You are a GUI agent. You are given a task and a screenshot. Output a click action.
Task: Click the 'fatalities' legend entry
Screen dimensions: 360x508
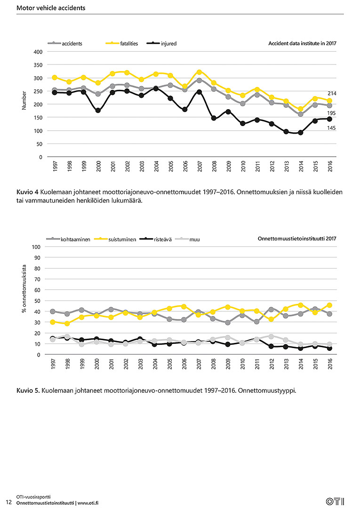coord(122,43)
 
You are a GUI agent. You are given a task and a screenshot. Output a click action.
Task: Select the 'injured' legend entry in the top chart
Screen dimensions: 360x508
coord(162,43)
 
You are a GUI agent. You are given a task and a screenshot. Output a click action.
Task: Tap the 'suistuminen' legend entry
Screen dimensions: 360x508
coord(115,239)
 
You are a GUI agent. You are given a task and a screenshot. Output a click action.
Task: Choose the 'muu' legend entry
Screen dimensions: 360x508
coord(187,239)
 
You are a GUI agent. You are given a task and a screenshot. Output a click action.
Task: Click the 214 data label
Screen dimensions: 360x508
coord(332,93)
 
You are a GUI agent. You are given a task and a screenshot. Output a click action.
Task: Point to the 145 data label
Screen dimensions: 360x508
coord(331,128)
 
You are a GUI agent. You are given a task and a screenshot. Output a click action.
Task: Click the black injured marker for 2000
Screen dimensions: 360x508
coord(98,111)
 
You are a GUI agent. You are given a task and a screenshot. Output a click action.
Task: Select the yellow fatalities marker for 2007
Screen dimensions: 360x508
coord(199,72)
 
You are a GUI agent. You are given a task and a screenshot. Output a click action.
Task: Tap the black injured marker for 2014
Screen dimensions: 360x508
coord(300,133)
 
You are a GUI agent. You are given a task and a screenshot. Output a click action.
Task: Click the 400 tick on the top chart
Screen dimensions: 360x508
coord(38,52)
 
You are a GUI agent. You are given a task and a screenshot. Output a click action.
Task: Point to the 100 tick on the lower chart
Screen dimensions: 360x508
coord(36,247)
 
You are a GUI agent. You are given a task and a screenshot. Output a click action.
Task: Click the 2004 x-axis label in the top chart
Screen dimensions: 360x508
coord(156,167)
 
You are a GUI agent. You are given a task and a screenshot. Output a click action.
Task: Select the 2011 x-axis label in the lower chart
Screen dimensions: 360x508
coord(257,364)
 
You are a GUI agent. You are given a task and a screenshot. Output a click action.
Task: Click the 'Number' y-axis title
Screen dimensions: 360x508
coord(24,101)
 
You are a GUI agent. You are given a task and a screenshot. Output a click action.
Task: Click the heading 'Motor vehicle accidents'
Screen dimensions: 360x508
coord(51,8)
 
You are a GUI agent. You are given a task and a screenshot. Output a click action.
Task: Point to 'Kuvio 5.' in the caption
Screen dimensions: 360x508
coord(28,390)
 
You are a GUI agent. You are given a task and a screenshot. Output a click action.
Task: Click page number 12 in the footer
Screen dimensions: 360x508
coord(9,502)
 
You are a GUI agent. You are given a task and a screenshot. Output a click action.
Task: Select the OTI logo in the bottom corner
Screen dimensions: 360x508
coord(335,501)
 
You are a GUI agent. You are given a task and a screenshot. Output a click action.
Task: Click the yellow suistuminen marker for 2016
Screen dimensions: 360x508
coord(329,305)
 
